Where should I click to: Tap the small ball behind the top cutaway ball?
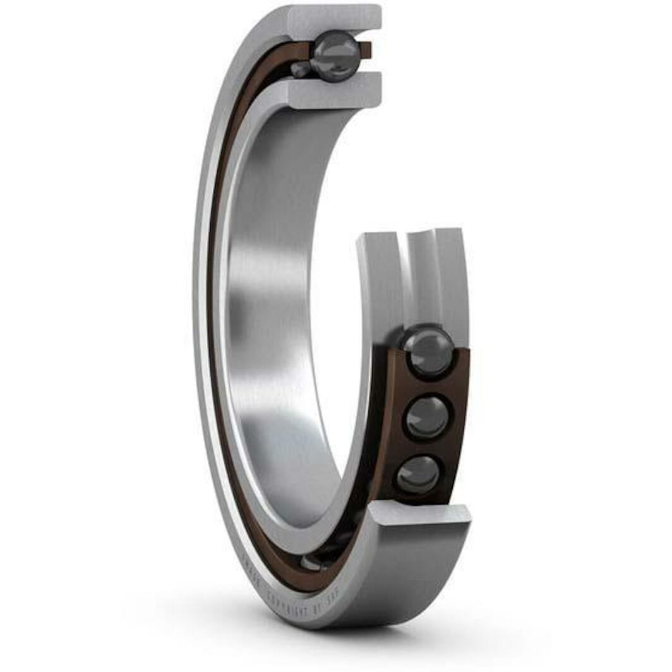coord(301,69)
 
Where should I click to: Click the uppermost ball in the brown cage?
coord(429,351)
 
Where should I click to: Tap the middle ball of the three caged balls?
coord(427,417)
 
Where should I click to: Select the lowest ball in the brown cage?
coord(418,474)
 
